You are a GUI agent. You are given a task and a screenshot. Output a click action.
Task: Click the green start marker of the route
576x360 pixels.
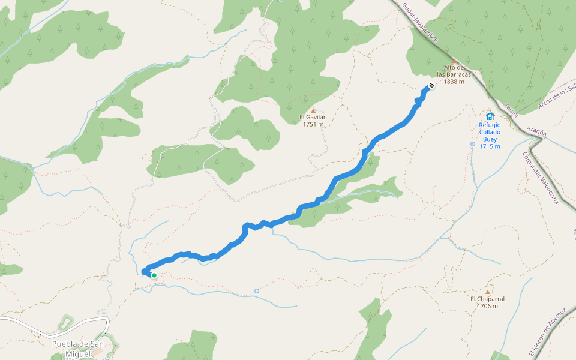tap(154, 275)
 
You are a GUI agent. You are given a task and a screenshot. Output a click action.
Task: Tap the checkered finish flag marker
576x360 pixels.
tap(431, 86)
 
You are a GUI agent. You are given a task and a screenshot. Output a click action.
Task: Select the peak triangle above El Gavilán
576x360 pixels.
tap(313, 110)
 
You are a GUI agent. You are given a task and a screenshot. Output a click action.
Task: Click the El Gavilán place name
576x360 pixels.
tap(313, 118)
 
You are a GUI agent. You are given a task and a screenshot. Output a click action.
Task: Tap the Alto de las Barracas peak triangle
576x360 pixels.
tap(454, 61)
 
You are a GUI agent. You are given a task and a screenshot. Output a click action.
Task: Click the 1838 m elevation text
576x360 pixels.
tap(454, 82)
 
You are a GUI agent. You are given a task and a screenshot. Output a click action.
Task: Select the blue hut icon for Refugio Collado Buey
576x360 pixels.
tap(490, 116)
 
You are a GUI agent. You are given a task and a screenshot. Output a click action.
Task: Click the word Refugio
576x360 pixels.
tap(490, 125)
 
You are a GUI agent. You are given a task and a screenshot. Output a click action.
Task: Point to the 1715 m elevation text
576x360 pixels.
tap(490, 146)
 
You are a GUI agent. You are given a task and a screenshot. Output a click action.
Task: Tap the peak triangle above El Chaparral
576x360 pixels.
tap(488, 292)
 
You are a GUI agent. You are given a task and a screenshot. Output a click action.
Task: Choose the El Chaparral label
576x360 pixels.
tap(487, 299)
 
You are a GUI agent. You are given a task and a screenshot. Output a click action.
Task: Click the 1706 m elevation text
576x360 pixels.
tap(487, 306)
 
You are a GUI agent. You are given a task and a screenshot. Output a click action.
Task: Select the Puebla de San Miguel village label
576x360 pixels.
tap(78, 348)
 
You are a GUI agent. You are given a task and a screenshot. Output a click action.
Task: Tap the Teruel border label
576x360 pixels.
tap(511, 110)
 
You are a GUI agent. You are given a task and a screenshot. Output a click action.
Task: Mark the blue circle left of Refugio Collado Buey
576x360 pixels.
tap(473, 144)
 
